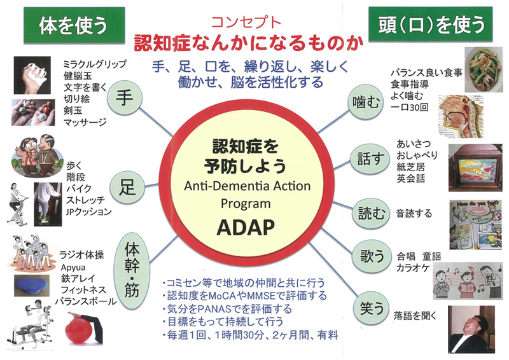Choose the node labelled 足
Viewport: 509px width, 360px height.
(125, 187)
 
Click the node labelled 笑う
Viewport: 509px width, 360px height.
(370, 308)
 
